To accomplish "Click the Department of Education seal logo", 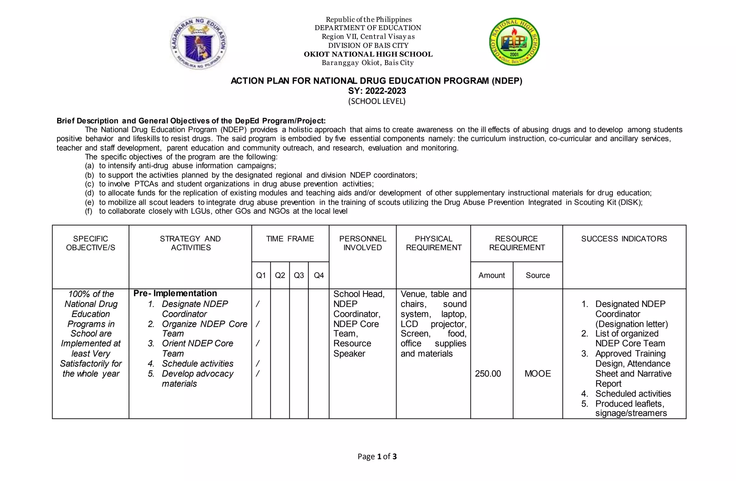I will pyautogui.click(x=199, y=43).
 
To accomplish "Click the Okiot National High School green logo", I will pyautogui.click(x=514, y=42).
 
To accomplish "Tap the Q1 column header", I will pyautogui.click(x=261, y=275).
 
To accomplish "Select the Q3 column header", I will pyautogui.click(x=299, y=275).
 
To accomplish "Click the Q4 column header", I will pyautogui.click(x=319, y=275).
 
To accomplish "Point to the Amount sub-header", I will pyautogui.click(x=491, y=275).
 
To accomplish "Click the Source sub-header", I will pyautogui.click(x=538, y=275).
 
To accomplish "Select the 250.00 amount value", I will pyautogui.click(x=488, y=374).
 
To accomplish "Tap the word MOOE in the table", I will pyautogui.click(x=538, y=374).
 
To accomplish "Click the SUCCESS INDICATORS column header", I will pyautogui.click(x=624, y=239).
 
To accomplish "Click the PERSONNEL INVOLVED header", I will pyautogui.click(x=363, y=243).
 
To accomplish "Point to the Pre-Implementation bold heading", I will pyautogui.click(x=175, y=293).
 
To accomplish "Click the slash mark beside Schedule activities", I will pyautogui.click(x=257, y=364).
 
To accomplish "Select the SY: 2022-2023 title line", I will pyautogui.click(x=377, y=91).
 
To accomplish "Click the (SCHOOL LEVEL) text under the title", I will pyautogui.click(x=377, y=101).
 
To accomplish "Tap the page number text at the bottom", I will pyautogui.click(x=377, y=457).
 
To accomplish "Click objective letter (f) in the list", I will pyautogui.click(x=89, y=211).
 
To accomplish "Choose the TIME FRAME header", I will pyautogui.click(x=290, y=239).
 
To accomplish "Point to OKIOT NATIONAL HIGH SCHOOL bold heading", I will pyautogui.click(x=368, y=54).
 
